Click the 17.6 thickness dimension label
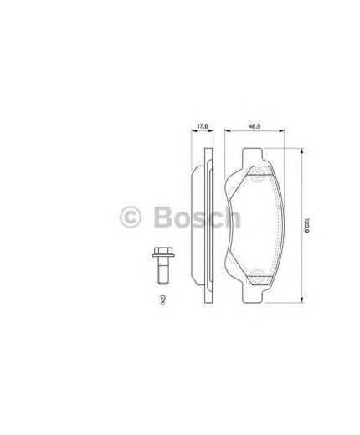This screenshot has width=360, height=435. click(x=202, y=127)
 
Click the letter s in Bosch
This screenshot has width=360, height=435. click(x=198, y=219)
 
